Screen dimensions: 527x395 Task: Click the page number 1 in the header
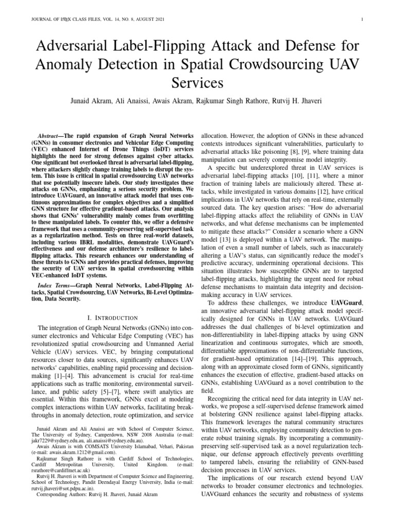(x=363, y=20)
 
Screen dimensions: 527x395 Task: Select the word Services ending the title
(x=197, y=83)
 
